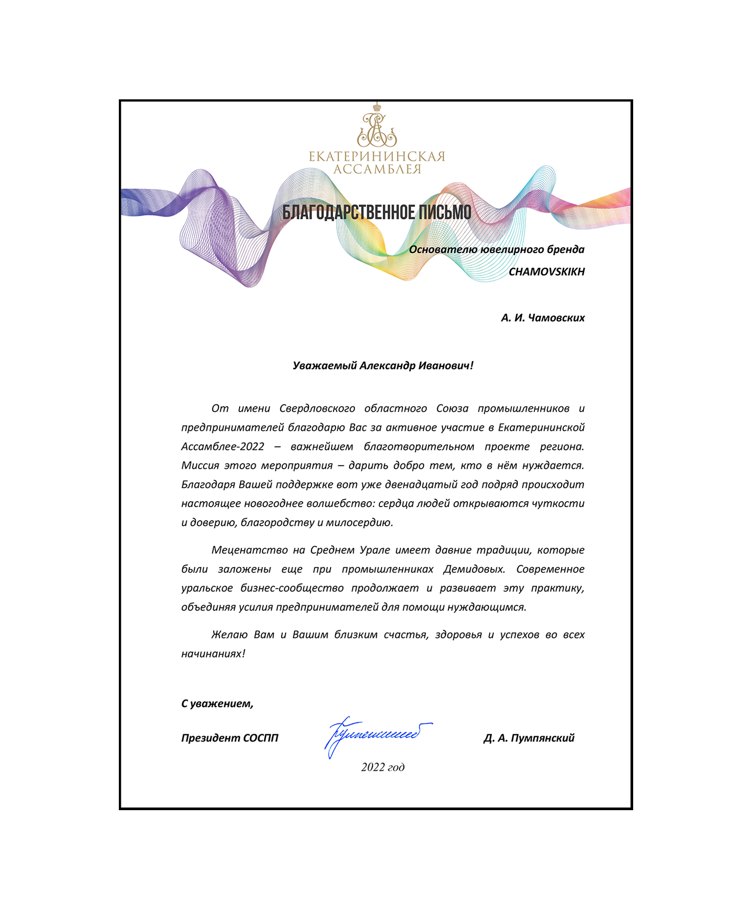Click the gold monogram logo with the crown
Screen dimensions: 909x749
[x=377, y=126]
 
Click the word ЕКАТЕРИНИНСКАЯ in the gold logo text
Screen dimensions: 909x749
[x=377, y=157]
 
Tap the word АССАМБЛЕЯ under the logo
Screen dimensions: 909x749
[x=377, y=170]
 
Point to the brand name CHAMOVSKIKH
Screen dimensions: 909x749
[x=546, y=272]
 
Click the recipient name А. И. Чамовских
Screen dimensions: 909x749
[x=543, y=318]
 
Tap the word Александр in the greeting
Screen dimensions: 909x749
[x=387, y=366]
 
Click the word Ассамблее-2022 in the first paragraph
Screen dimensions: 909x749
[x=223, y=447]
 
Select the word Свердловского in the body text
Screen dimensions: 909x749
[x=317, y=409]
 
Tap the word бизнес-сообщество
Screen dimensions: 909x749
[x=292, y=589]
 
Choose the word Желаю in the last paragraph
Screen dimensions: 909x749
[x=229, y=635]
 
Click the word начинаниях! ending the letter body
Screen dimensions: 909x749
[x=213, y=654]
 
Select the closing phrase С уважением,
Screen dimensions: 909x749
[x=217, y=704]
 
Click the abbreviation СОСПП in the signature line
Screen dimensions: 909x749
[x=260, y=738]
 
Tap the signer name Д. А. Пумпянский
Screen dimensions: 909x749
[x=529, y=738]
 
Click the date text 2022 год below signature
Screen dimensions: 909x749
[x=382, y=767]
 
